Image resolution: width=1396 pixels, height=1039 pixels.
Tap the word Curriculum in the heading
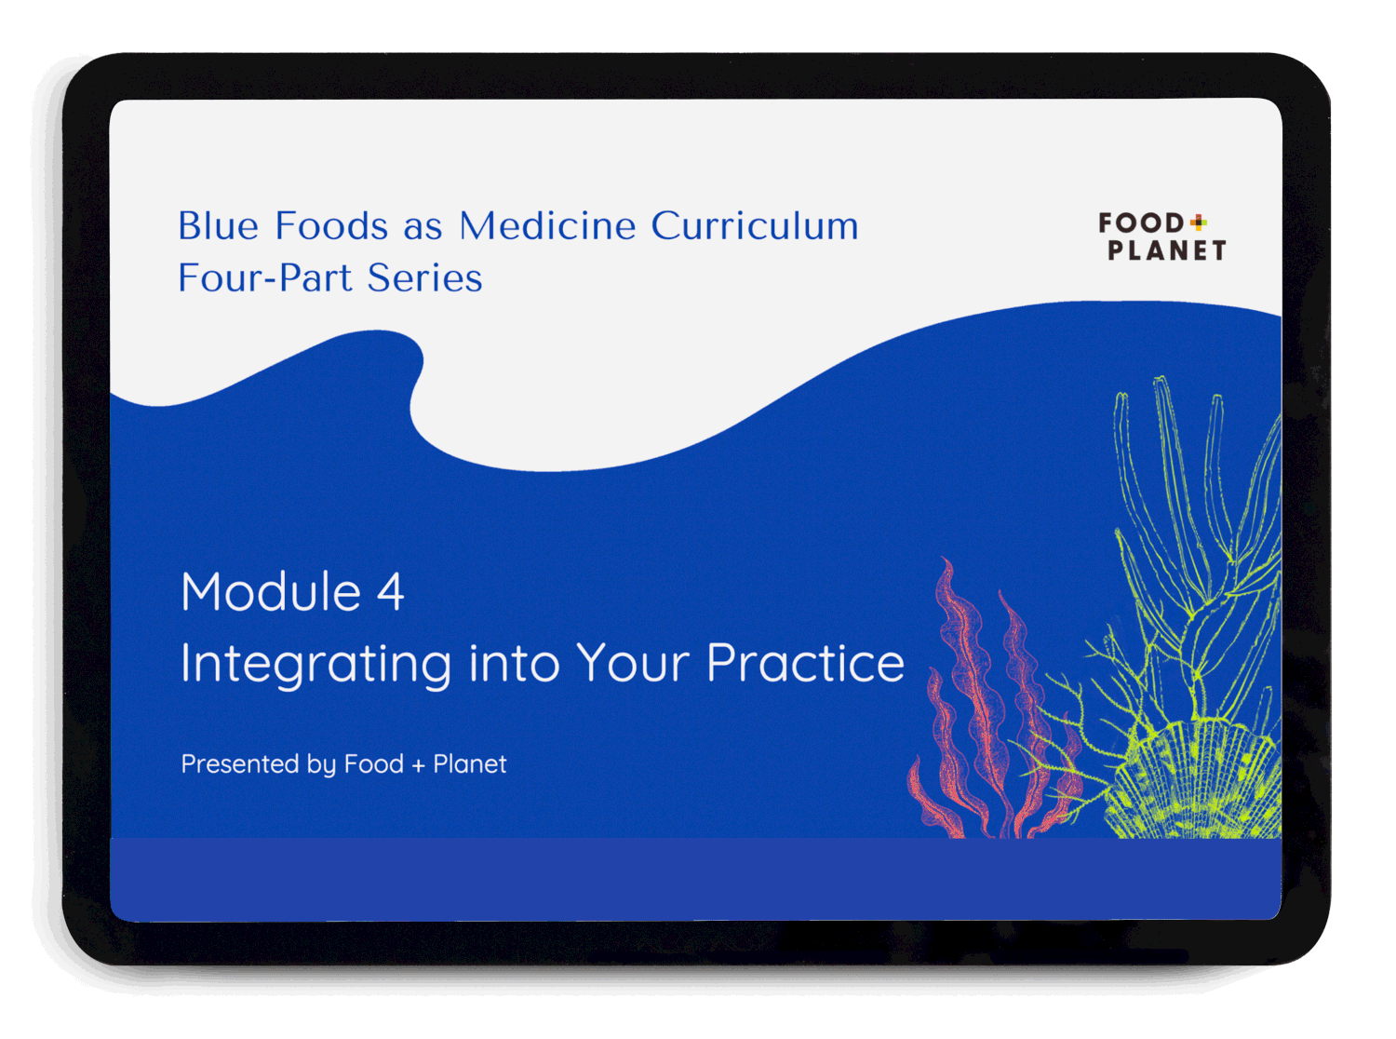[x=754, y=226]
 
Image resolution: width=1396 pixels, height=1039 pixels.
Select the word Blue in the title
[x=218, y=226]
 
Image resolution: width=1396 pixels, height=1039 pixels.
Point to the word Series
[x=424, y=278]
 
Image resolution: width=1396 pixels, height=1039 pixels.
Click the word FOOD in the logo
[x=1140, y=223]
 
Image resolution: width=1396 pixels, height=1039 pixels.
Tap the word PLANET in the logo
[x=1166, y=250]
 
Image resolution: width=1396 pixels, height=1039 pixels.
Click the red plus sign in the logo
[x=1198, y=222]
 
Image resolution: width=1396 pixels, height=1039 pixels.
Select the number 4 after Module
[x=390, y=592]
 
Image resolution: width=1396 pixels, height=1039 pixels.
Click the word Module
[x=271, y=592]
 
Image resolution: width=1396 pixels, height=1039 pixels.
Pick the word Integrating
[x=316, y=664]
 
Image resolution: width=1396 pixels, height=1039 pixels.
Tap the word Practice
[x=805, y=663]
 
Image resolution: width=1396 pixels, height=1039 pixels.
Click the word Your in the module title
[x=633, y=663]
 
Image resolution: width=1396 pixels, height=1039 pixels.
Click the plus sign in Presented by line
[x=418, y=765]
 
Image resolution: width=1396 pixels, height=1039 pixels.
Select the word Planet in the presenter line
[x=469, y=764]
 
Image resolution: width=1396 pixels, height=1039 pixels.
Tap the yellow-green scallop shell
[x=1196, y=782]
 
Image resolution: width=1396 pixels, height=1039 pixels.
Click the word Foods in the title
[x=331, y=226]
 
